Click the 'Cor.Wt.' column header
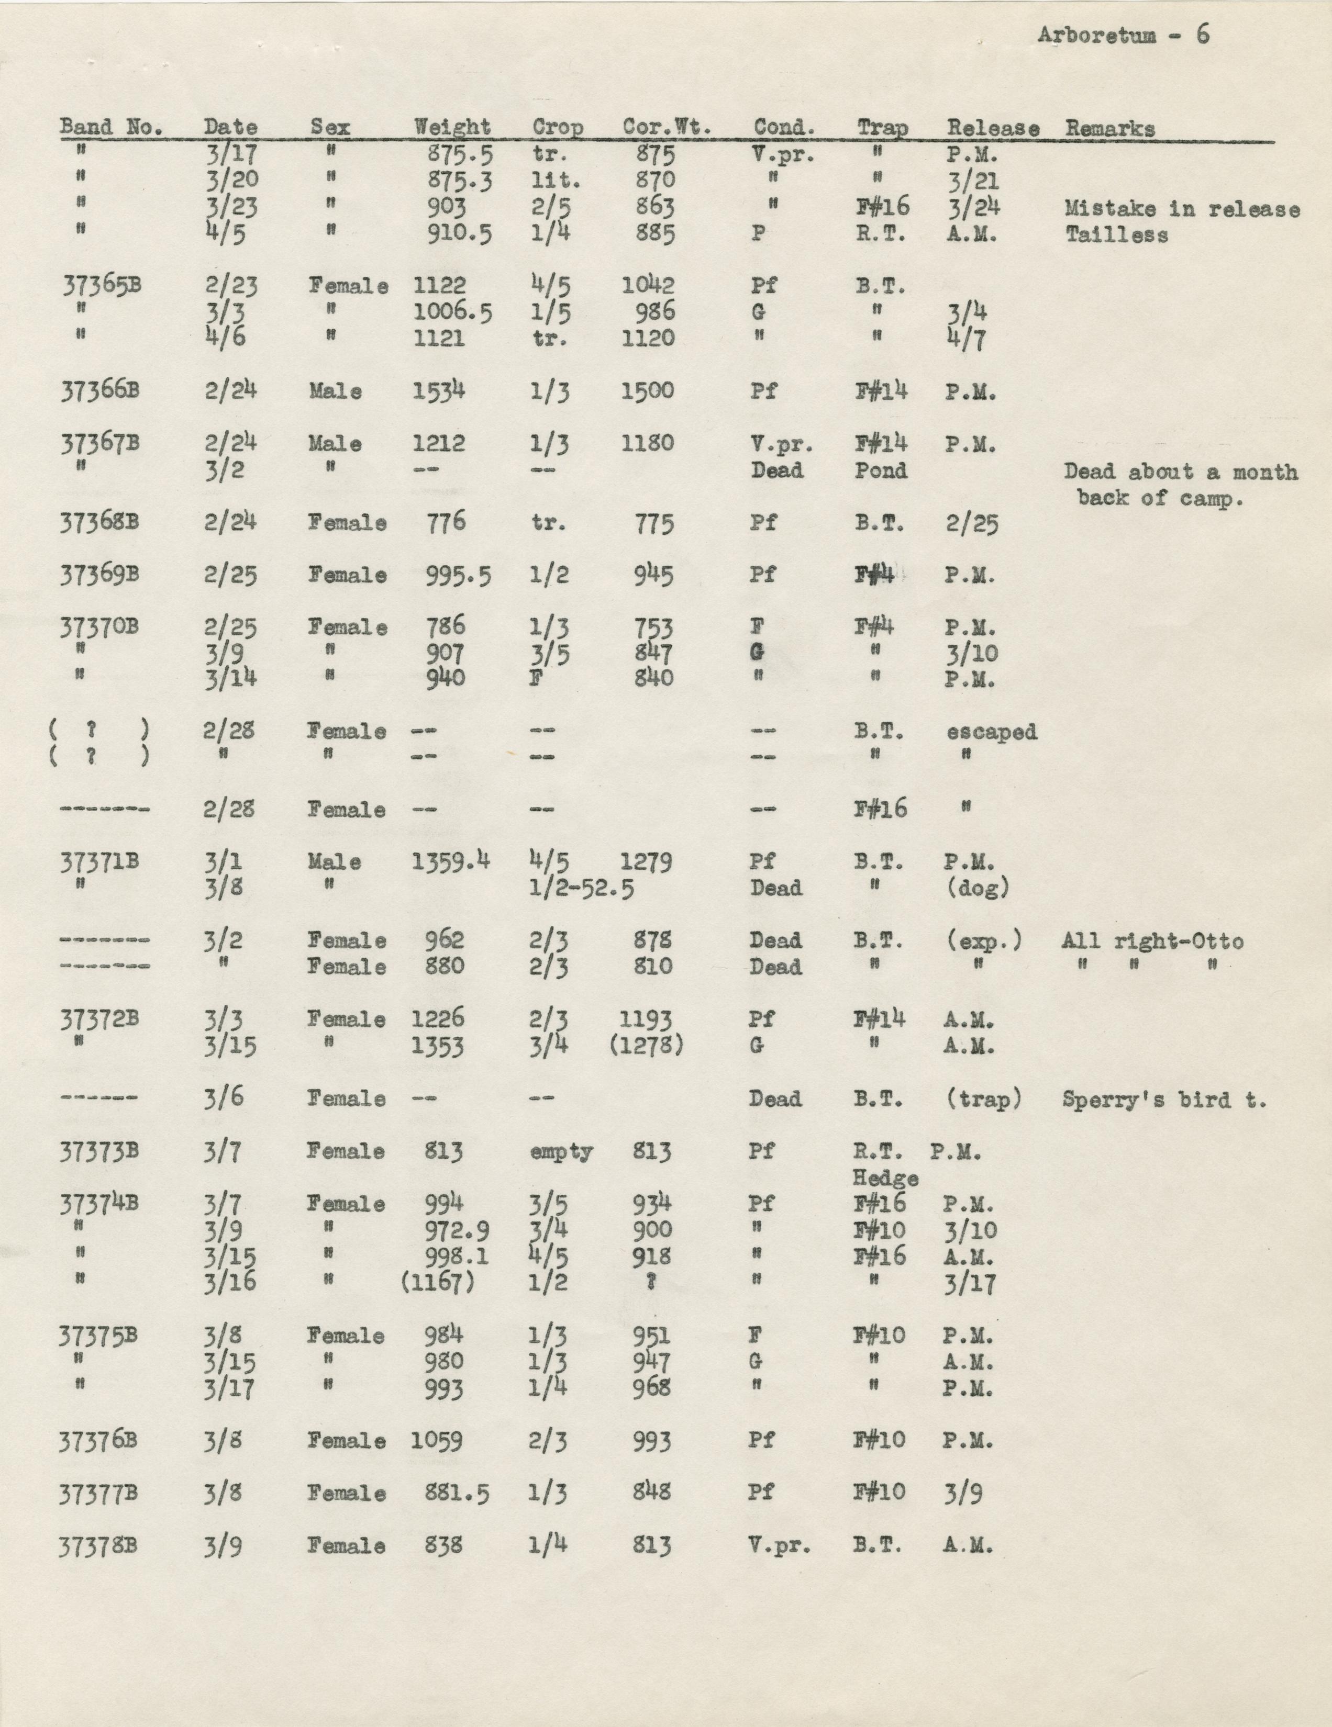(x=666, y=127)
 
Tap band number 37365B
(x=101, y=285)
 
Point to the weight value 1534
(x=438, y=390)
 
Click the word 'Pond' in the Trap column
(x=880, y=470)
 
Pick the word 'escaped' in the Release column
(x=991, y=732)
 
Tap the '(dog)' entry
(x=978, y=888)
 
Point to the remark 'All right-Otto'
(x=1152, y=941)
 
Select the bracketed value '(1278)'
(x=646, y=1046)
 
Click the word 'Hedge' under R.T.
(x=885, y=1178)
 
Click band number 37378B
(x=98, y=1546)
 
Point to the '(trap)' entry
(x=983, y=1099)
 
